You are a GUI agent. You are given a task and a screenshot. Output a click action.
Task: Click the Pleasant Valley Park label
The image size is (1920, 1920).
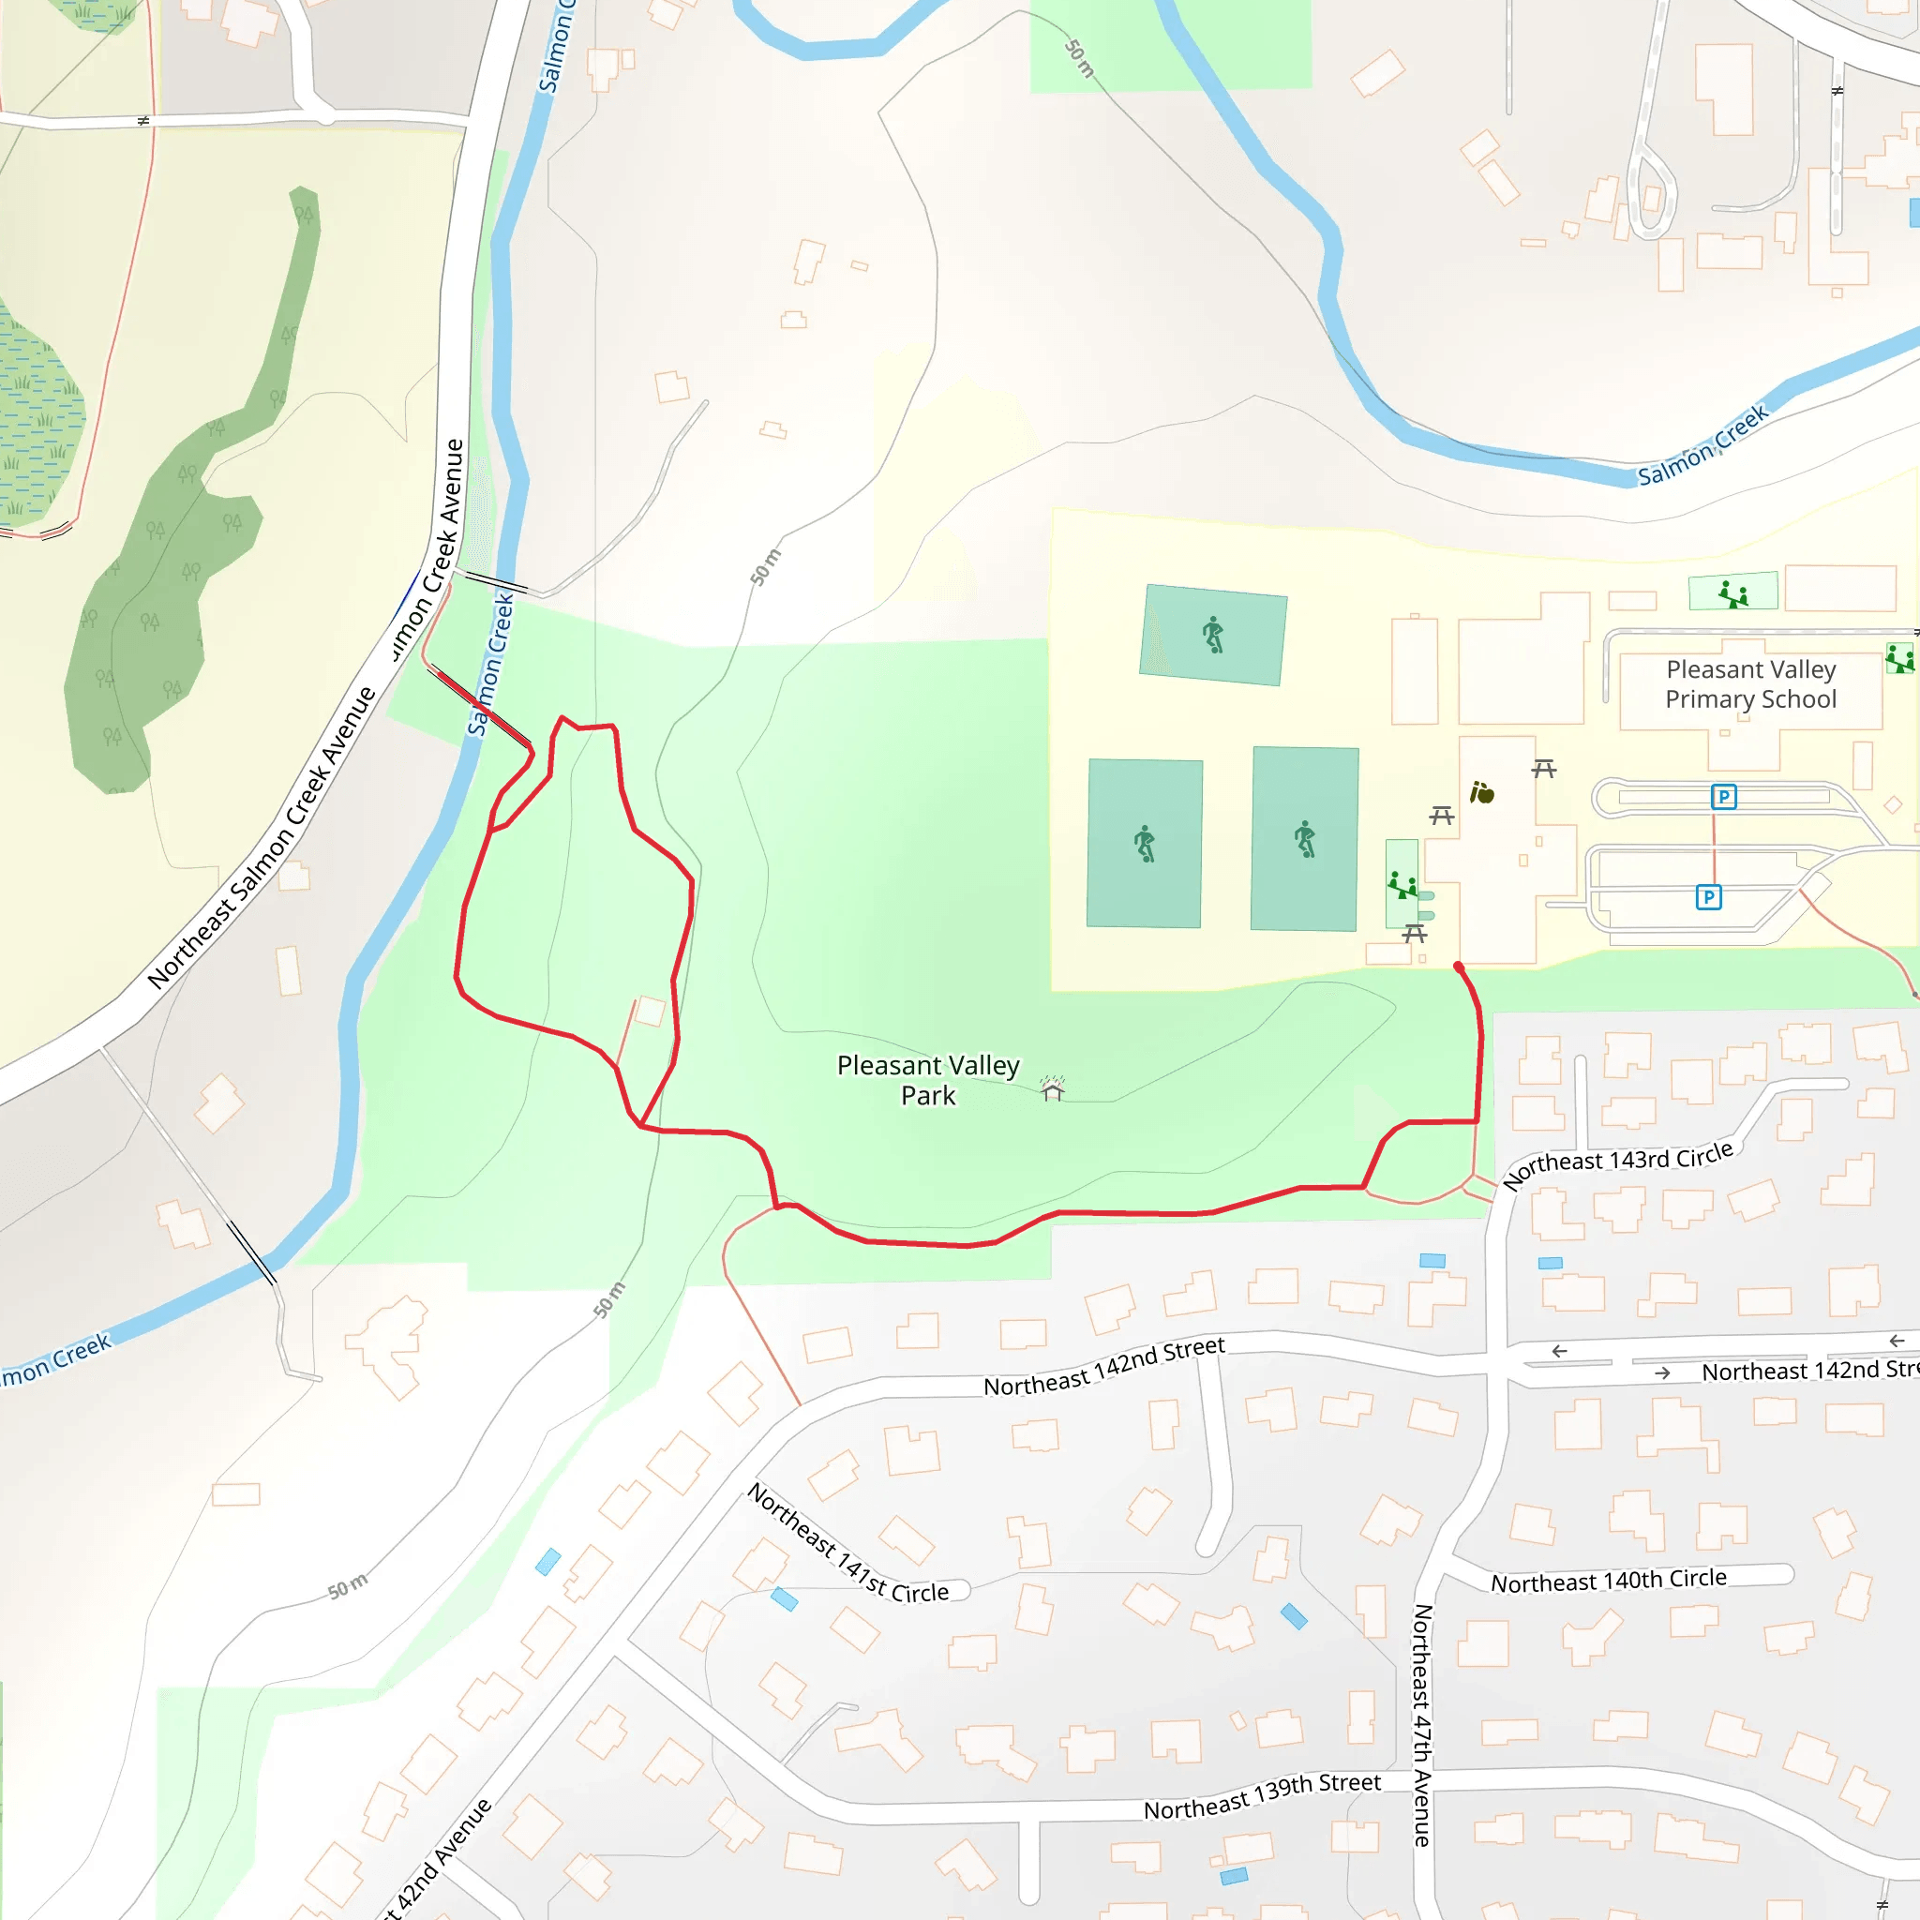click(927, 1080)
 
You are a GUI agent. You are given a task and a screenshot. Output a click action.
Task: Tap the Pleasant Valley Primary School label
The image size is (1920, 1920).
click(1750, 683)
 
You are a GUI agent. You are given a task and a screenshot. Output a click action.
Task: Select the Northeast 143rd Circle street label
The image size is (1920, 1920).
click(1617, 1164)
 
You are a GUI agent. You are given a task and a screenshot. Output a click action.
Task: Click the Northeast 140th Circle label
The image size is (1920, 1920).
click(1608, 1580)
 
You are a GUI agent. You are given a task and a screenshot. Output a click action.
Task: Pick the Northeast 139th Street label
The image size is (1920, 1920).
click(1261, 1797)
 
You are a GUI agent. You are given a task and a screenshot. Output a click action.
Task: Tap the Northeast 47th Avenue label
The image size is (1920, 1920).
click(1422, 1724)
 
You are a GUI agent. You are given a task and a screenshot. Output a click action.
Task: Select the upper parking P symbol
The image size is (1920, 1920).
click(1723, 797)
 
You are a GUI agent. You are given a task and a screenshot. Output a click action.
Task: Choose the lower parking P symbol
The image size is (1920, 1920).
click(1707, 897)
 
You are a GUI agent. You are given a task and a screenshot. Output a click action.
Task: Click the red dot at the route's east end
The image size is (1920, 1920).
click(1458, 966)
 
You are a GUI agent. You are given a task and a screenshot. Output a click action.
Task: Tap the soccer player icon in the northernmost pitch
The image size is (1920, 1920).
click(1212, 634)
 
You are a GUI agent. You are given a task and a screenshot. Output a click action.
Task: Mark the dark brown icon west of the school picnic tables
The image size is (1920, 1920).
click(1482, 792)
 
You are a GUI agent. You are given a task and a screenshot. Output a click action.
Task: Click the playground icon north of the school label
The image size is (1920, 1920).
click(1733, 593)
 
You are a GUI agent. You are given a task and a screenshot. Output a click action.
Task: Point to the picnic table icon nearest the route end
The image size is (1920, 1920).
click(1414, 933)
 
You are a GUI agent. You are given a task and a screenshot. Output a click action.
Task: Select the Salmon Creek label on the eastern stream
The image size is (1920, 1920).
click(1702, 444)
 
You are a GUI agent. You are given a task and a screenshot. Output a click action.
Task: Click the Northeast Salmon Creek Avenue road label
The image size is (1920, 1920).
click(262, 838)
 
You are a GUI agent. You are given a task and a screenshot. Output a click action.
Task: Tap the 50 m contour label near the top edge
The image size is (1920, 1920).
click(1079, 59)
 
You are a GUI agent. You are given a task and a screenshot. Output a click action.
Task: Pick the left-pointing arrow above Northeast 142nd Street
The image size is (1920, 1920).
click(1559, 1351)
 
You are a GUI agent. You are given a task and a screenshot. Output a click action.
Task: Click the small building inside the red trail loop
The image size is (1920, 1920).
click(650, 1011)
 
